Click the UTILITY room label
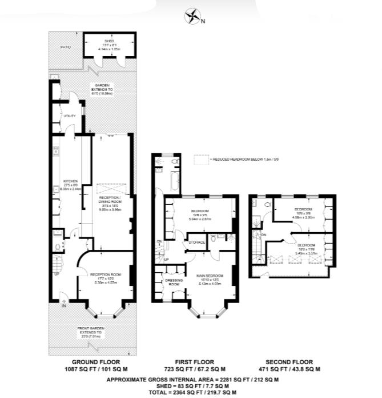(70, 116)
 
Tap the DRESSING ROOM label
(175, 281)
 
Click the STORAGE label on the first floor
(197, 242)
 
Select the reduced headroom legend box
(199, 160)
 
